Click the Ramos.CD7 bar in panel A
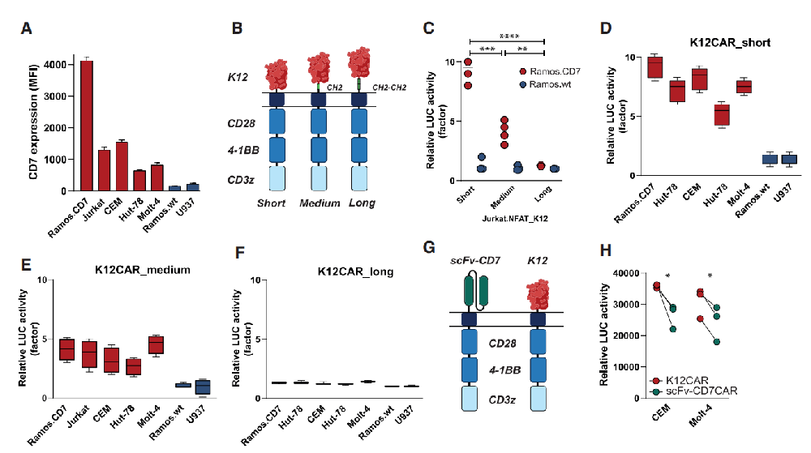coord(87,126)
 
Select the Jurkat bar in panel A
coord(105,170)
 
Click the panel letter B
coord(237,28)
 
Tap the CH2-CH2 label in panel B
coord(389,88)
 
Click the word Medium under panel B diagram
coord(320,203)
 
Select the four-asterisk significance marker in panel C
coord(509,36)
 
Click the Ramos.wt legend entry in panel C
coord(545,84)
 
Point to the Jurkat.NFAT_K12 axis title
coord(515,219)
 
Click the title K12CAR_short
coord(730,42)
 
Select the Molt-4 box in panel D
coord(744,87)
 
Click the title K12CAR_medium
coord(142,270)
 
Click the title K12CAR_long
coord(355,271)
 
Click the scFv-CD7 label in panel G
coord(475,260)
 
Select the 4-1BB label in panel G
coord(504,370)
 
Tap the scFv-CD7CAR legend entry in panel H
coord(695,391)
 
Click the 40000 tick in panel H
coord(626,273)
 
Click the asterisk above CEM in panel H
coord(667,276)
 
